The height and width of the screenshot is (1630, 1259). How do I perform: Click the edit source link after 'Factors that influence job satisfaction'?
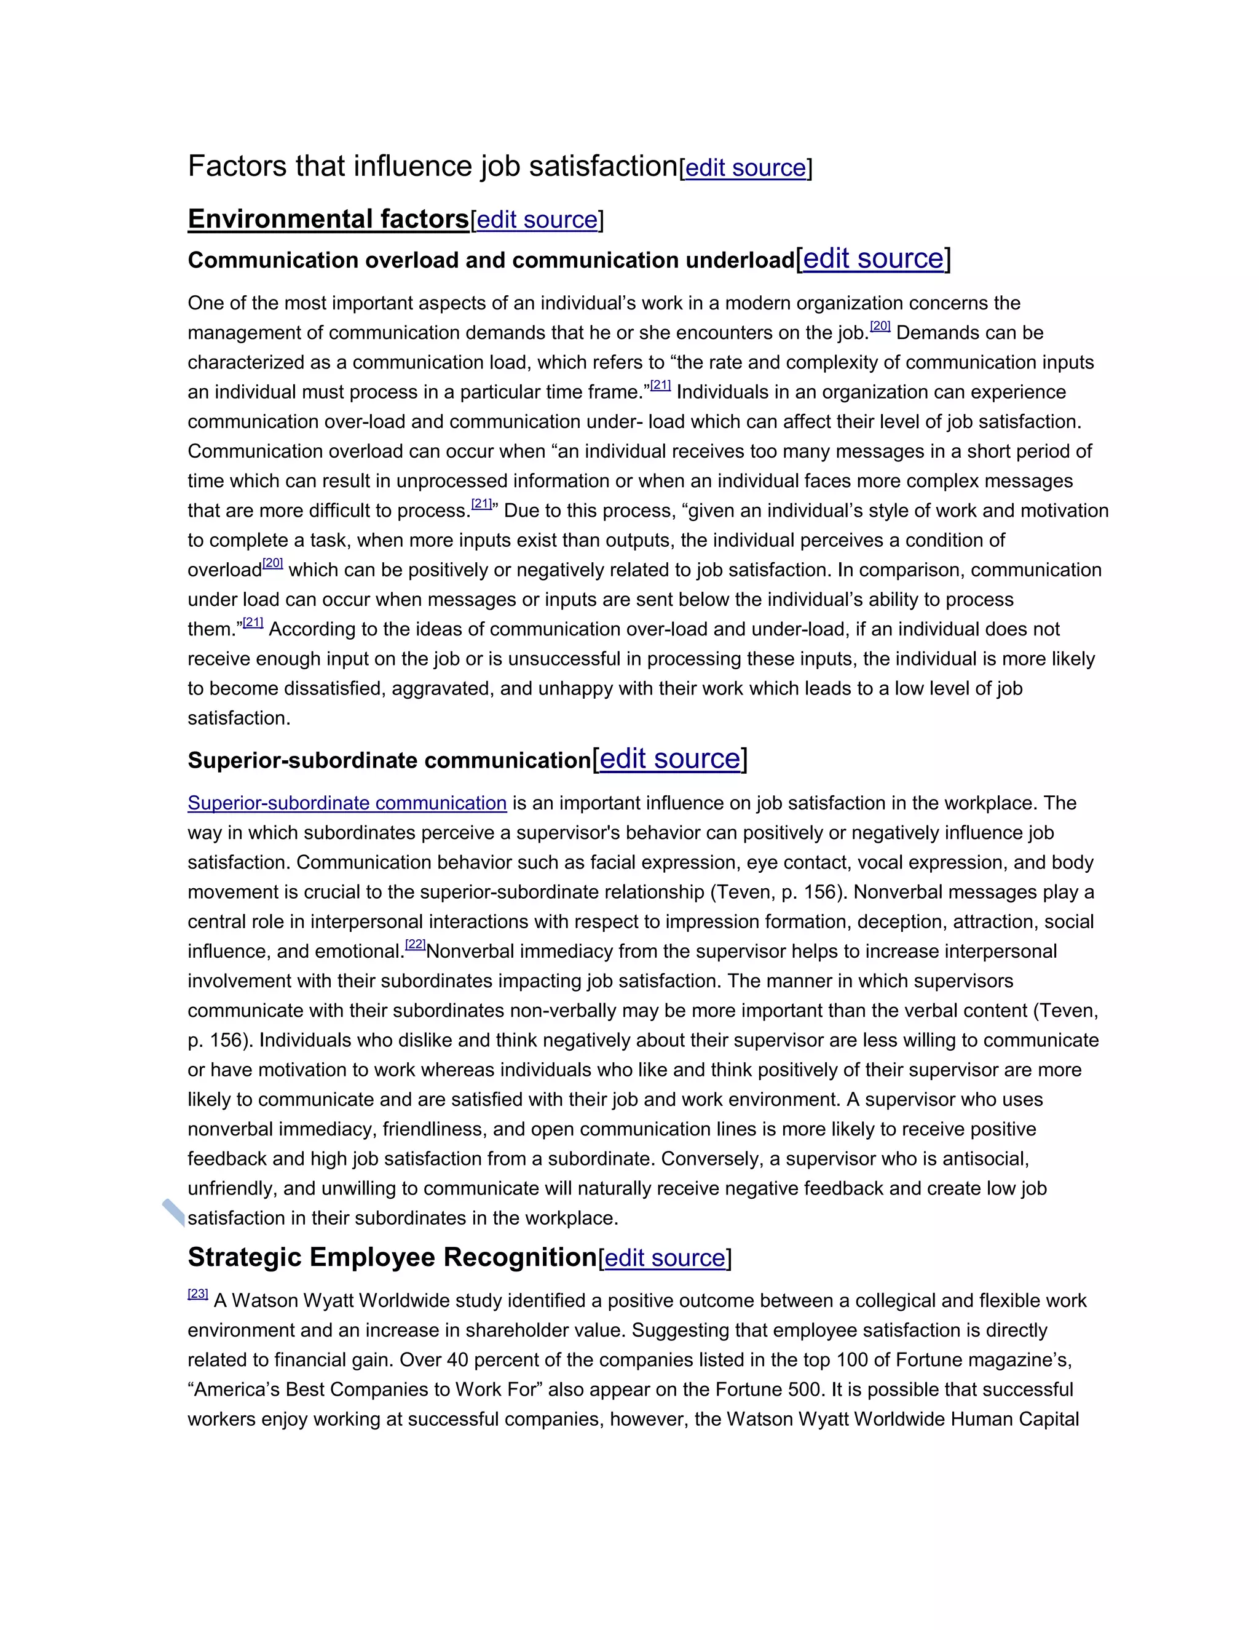745,169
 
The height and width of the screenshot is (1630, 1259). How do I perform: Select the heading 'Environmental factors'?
328,220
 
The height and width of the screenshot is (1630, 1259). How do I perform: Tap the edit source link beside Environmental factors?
537,220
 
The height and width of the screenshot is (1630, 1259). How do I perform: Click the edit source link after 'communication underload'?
873,259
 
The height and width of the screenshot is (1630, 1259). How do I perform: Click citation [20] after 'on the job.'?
880,327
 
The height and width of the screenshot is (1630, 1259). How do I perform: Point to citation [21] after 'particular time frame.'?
661,386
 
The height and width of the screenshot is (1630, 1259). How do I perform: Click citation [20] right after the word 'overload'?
273,563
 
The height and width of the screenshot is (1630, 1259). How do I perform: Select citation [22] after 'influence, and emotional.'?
416,945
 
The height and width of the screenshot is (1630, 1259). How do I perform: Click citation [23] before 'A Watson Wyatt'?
198,1294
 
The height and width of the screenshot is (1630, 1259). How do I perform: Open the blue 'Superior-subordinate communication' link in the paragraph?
347,803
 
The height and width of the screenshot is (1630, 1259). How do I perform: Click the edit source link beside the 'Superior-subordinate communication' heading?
670,759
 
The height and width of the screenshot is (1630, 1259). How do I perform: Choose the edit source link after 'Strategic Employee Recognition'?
665,1258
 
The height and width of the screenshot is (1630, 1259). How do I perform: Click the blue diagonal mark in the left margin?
173,1213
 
